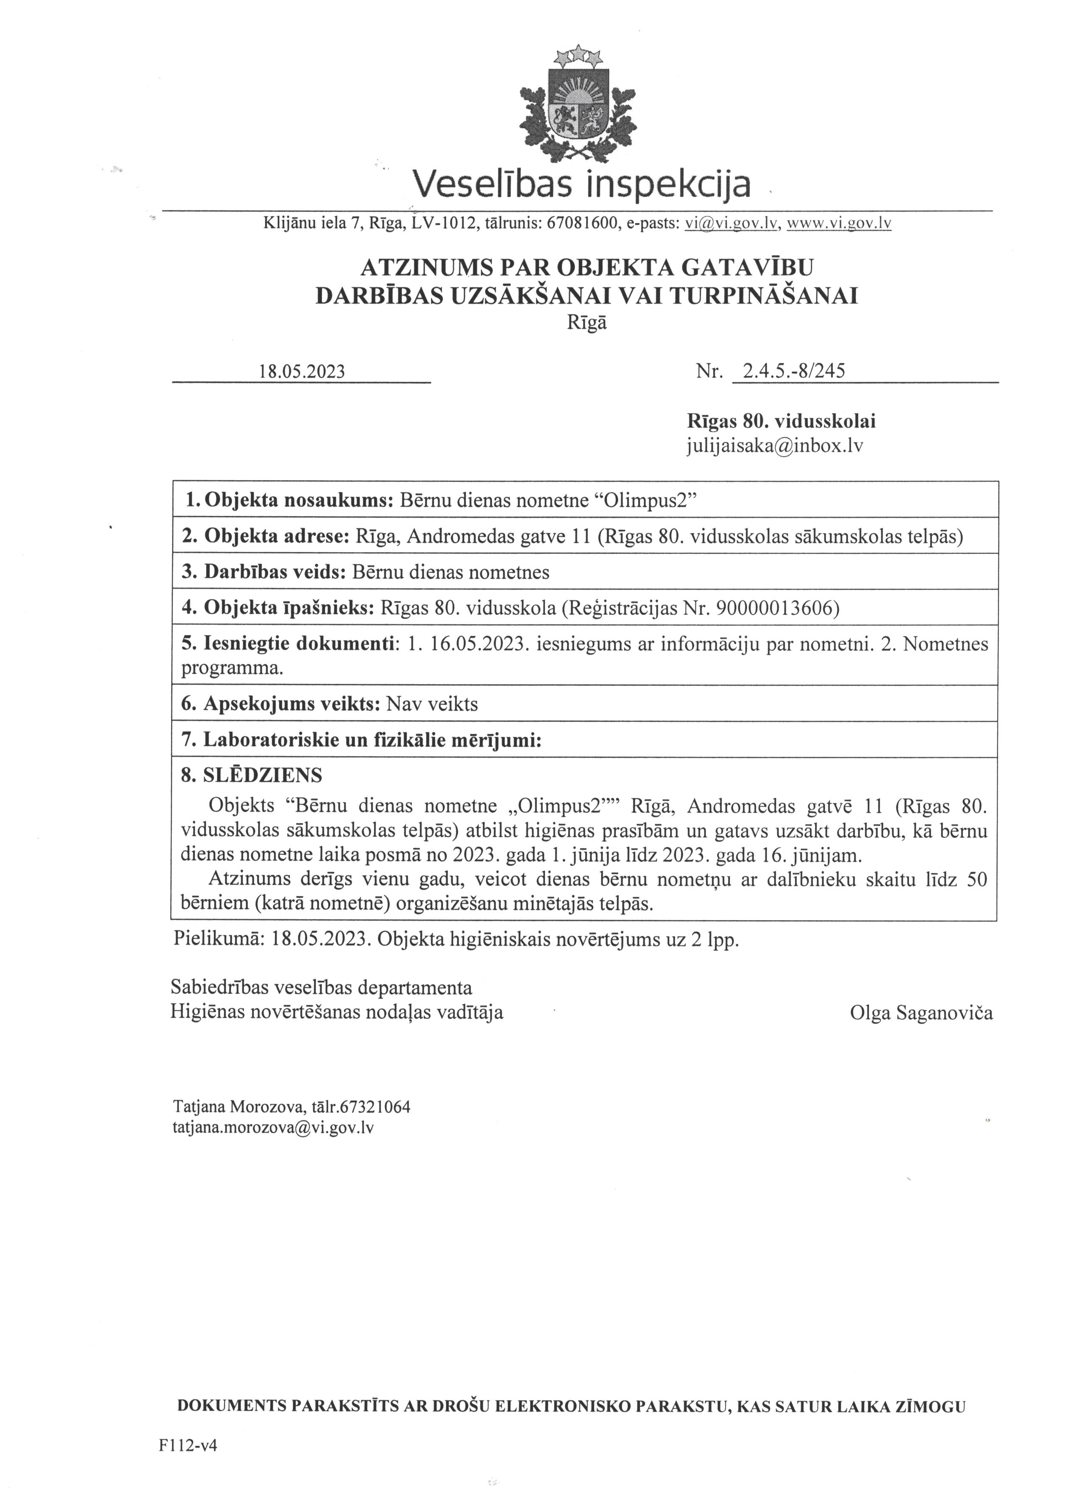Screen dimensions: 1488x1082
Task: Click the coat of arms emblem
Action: (x=578, y=105)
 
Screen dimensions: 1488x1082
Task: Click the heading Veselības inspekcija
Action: (x=581, y=185)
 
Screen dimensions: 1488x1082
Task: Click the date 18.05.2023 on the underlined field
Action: (x=302, y=371)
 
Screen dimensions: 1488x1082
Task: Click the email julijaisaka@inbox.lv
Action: (x=774, y=446)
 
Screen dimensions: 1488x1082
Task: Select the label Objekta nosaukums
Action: (x=299, y=501)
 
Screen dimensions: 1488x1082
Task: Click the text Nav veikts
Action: (x=432, y=704)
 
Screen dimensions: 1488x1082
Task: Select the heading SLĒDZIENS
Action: (x=263, y=775)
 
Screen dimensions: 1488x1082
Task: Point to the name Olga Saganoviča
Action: (x=921, y=1013)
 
